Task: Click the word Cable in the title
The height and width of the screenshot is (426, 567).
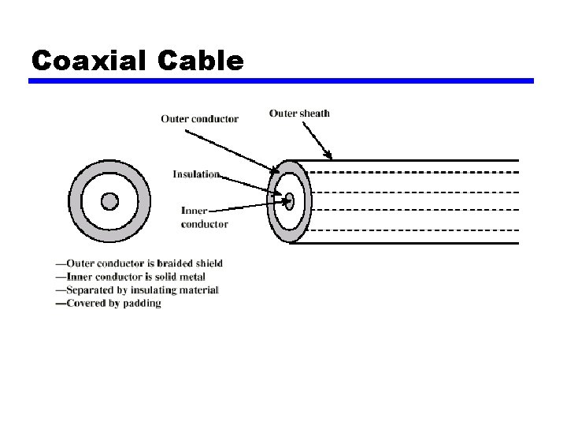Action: pos(200,60)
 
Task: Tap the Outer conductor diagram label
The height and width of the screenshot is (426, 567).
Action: pos(199,119)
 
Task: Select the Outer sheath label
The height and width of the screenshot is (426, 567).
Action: pos(299,114)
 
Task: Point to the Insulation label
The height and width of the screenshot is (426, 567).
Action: pos(196,174)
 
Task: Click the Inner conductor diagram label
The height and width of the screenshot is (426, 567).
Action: pos(204,217)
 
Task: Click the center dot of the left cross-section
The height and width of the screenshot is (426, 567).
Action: pos(109,200)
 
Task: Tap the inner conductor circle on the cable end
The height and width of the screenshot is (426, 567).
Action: pos(289,200)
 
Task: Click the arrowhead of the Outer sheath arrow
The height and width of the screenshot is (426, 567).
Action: pos(330,155)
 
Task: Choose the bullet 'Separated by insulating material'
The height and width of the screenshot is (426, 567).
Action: pos(137,290)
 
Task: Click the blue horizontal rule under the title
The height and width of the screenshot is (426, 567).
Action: pos(281,80)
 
